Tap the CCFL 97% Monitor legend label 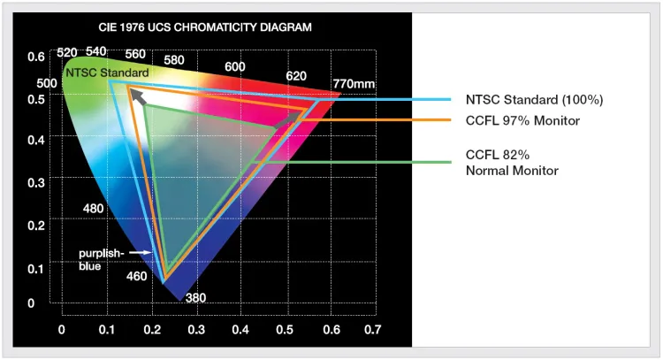click(x=522, y=120)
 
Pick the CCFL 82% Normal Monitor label click(x=512, y=162)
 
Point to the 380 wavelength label click(x=195, y=298)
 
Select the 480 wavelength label click(x=93, y=209)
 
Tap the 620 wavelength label click(x=296, y=76)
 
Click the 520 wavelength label click(x=67, y=53)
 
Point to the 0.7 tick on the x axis click(x=372, y=330)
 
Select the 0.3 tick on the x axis click(x=194, y=330)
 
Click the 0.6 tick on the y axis click(x=35, y=57)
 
